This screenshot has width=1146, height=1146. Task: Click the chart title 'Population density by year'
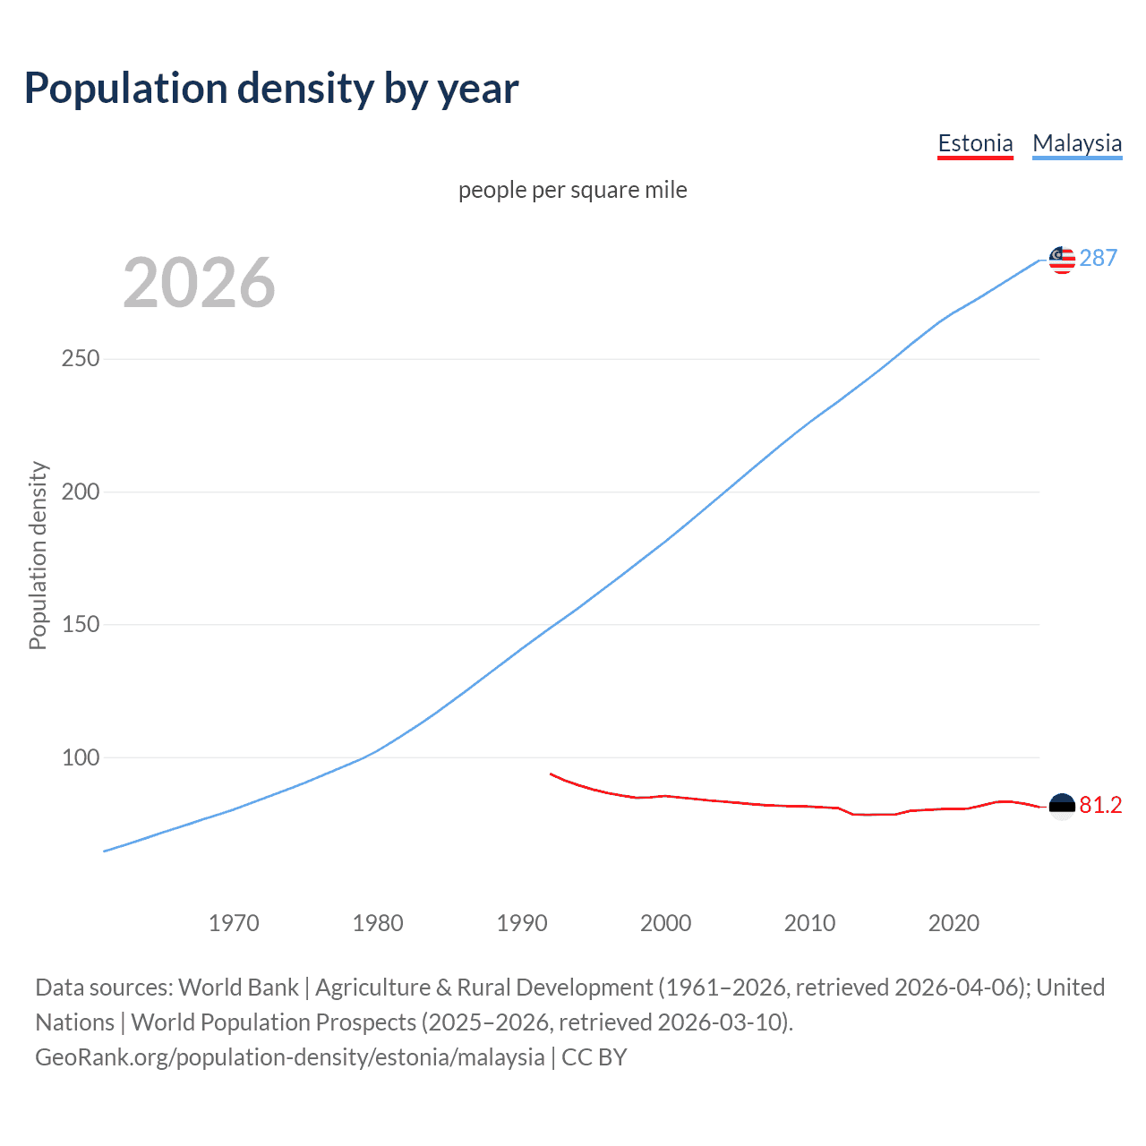pos(271,88)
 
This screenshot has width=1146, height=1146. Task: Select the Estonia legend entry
pos(975,143)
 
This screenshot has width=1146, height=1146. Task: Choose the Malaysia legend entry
pos(1077,143)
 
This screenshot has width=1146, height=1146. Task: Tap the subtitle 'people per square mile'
pos(572,190)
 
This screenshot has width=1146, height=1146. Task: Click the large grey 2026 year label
pos(199,283)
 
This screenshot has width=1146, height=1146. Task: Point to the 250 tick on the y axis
pos(81,358)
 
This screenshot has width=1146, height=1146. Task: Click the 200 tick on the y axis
pos(81,492)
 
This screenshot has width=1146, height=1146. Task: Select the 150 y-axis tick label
pos(81,624)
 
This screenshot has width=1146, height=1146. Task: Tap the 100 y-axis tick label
pos(81,757)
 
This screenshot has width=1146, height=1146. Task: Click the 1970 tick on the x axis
pos(234,923)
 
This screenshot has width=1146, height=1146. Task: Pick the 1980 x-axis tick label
pos(378,923)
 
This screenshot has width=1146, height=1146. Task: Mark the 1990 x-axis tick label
pos(522,923)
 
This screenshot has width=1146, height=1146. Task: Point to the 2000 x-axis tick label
pos(665,923)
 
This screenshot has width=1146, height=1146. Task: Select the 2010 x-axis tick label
pos(809,923)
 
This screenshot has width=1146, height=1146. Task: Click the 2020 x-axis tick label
pos(954,923)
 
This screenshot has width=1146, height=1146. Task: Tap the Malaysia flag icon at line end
pos(1062,260)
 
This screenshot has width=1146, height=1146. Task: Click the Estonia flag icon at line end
pos(1062,807)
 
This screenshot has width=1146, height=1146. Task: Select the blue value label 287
pos(1099,258)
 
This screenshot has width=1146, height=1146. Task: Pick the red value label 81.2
pos(1100,805)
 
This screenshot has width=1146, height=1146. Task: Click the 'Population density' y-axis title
pos(38,555)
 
